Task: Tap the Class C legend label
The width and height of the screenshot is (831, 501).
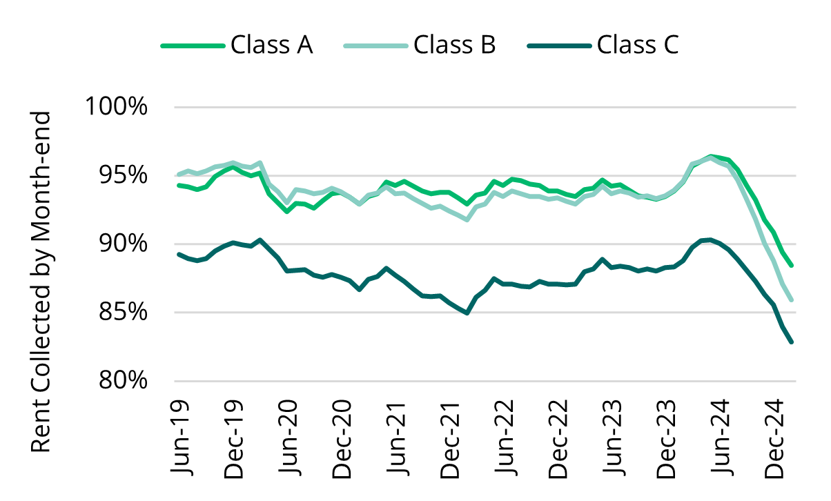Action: (x=638, y=46)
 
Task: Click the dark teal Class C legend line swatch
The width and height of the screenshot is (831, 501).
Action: (x=558, y=46)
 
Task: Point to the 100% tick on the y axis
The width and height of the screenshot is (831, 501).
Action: (x=116, y=108)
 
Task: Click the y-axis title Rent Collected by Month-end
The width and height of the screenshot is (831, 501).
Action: (x=42, y=282)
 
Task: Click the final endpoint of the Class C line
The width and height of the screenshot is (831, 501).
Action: (x=791, y=342)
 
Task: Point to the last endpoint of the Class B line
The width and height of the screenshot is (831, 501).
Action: (x=791, y=299)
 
